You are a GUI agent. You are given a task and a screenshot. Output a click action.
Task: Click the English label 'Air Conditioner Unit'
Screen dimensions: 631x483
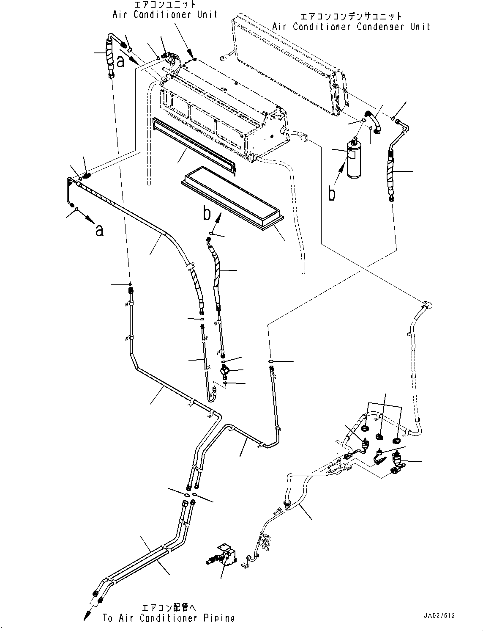point(165,14)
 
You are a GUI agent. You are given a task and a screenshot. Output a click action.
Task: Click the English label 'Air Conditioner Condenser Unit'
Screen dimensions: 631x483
point(351,27)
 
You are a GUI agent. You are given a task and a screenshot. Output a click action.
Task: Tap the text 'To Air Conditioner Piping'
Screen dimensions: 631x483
point(169,618)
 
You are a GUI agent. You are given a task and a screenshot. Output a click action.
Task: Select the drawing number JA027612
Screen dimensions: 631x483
point(440,616)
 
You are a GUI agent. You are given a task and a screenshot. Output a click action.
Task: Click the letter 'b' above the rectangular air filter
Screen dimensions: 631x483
point(207,214)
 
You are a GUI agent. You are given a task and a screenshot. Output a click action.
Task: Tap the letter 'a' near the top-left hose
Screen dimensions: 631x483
point(121,62)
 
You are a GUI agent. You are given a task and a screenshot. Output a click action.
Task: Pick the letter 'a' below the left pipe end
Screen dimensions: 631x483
point(99,230)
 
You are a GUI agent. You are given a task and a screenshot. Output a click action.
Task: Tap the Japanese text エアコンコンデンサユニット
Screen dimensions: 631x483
point(351,17)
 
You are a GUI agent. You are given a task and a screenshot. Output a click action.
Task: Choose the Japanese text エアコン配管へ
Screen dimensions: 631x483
point(169,608)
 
